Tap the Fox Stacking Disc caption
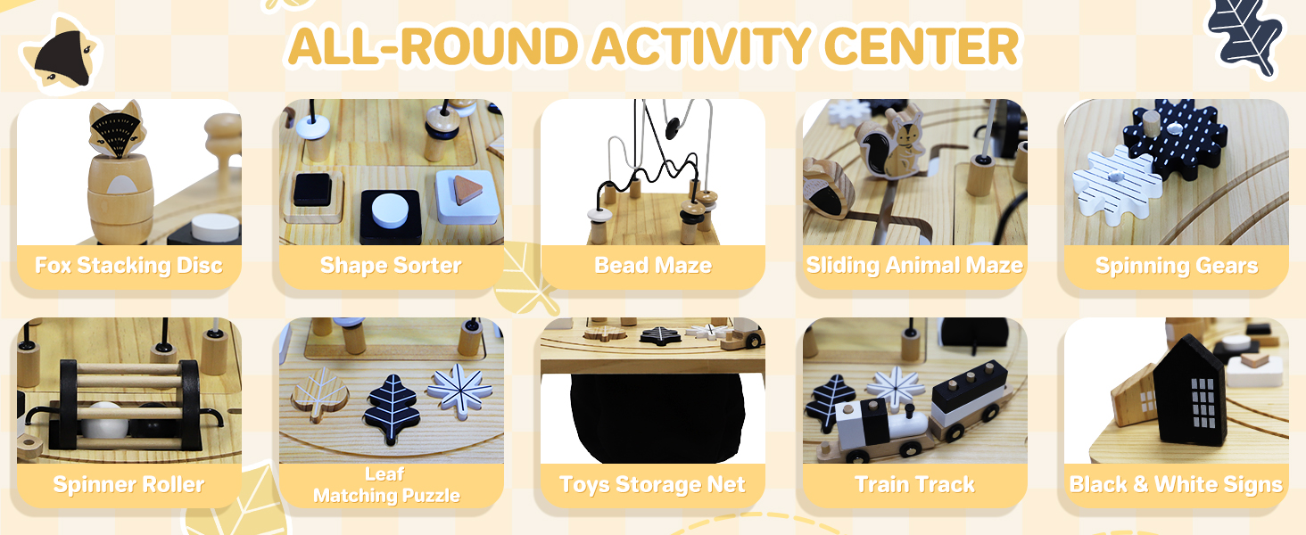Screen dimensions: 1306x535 128,265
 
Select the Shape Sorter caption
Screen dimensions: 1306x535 391,265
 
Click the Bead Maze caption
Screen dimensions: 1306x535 653,265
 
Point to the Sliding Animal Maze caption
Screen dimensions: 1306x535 914,265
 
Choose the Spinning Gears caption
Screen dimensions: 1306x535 1177,266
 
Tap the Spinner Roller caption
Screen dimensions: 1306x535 128,484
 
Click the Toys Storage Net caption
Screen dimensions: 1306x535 652,484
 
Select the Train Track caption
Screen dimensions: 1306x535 914,484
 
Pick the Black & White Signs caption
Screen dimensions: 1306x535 1176,484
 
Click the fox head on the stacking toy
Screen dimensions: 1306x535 115,129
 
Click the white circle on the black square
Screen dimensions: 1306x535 390,210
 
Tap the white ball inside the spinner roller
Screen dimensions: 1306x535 104,421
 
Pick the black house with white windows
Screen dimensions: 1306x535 1189,391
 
